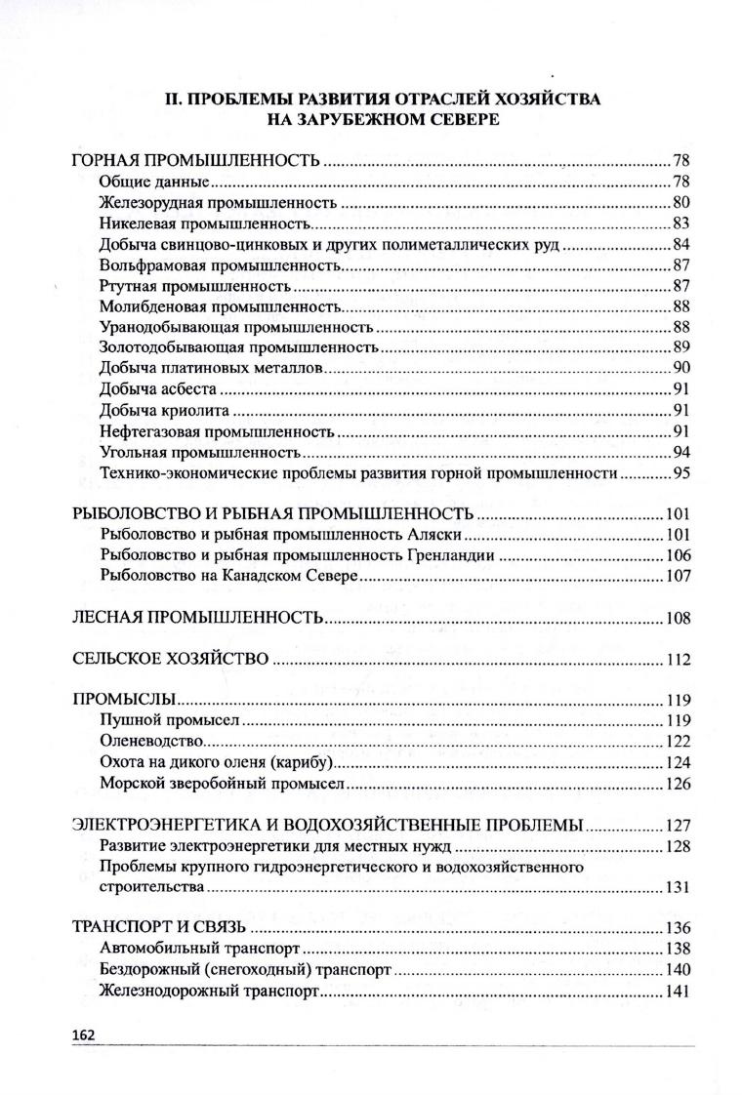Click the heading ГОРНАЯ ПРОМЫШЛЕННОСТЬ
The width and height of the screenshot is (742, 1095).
point(196,160)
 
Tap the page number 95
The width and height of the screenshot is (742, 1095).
point(681,474)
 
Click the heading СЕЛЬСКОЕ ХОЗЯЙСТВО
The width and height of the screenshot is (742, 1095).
point(171,660)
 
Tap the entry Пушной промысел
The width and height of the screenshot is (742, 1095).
point(170,721)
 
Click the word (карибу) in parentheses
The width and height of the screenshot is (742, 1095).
point(302,762)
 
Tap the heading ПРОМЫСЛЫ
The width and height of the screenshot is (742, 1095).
point(124,701)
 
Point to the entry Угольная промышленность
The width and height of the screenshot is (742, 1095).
point(198,453)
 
